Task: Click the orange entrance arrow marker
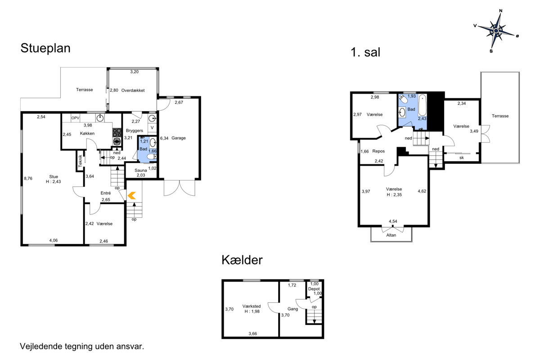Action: (131, 195)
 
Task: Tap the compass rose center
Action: (496, 31)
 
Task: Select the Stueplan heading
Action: (45, 48)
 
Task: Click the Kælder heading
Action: (242, 260)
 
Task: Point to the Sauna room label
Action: (140, 170)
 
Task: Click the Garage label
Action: (178, 138)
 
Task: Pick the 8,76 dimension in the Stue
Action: (28, 179)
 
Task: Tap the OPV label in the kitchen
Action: (75, 118)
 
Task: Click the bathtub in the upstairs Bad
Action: (422, 105)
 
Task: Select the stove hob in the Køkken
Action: (117, 132)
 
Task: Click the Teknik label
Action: (80, 161)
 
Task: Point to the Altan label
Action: (391, 235)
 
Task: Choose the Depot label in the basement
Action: (314, 289)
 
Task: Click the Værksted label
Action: (252, 306)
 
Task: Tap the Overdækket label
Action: (133, 90)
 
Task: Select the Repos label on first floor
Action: (378, 151)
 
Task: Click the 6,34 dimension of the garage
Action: (164, 138)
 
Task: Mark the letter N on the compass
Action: (501, 11)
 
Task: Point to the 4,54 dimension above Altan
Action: (393, 221)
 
